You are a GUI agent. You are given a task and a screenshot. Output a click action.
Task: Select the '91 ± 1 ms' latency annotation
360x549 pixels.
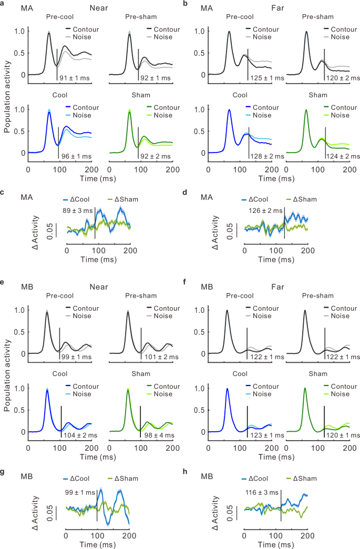click(x=75, y=78)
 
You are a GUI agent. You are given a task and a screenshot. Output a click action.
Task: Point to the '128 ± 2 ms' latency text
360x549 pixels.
click(x=267, y=156)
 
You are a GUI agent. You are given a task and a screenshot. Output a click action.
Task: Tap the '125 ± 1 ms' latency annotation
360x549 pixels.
click(x=267, y=78)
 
